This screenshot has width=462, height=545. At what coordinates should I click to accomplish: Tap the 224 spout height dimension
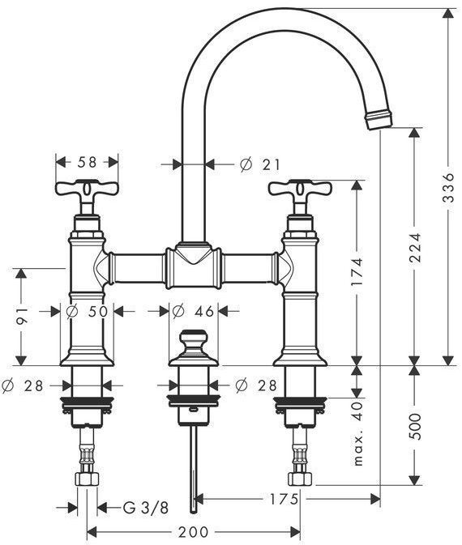[414, 247]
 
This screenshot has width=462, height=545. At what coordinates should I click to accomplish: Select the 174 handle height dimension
[357, 271]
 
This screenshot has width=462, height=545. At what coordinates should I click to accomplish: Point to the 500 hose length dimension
[414, 426]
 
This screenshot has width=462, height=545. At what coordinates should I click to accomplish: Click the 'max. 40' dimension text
[357, 434]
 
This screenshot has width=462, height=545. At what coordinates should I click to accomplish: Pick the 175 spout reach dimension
[284, 500]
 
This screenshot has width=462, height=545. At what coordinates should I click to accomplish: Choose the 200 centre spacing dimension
[193, 532]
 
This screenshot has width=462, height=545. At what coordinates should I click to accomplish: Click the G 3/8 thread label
[146, 508]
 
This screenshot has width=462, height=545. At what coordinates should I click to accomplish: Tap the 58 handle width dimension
[87, 162]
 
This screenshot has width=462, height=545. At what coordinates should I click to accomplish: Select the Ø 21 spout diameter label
[260, 164]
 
